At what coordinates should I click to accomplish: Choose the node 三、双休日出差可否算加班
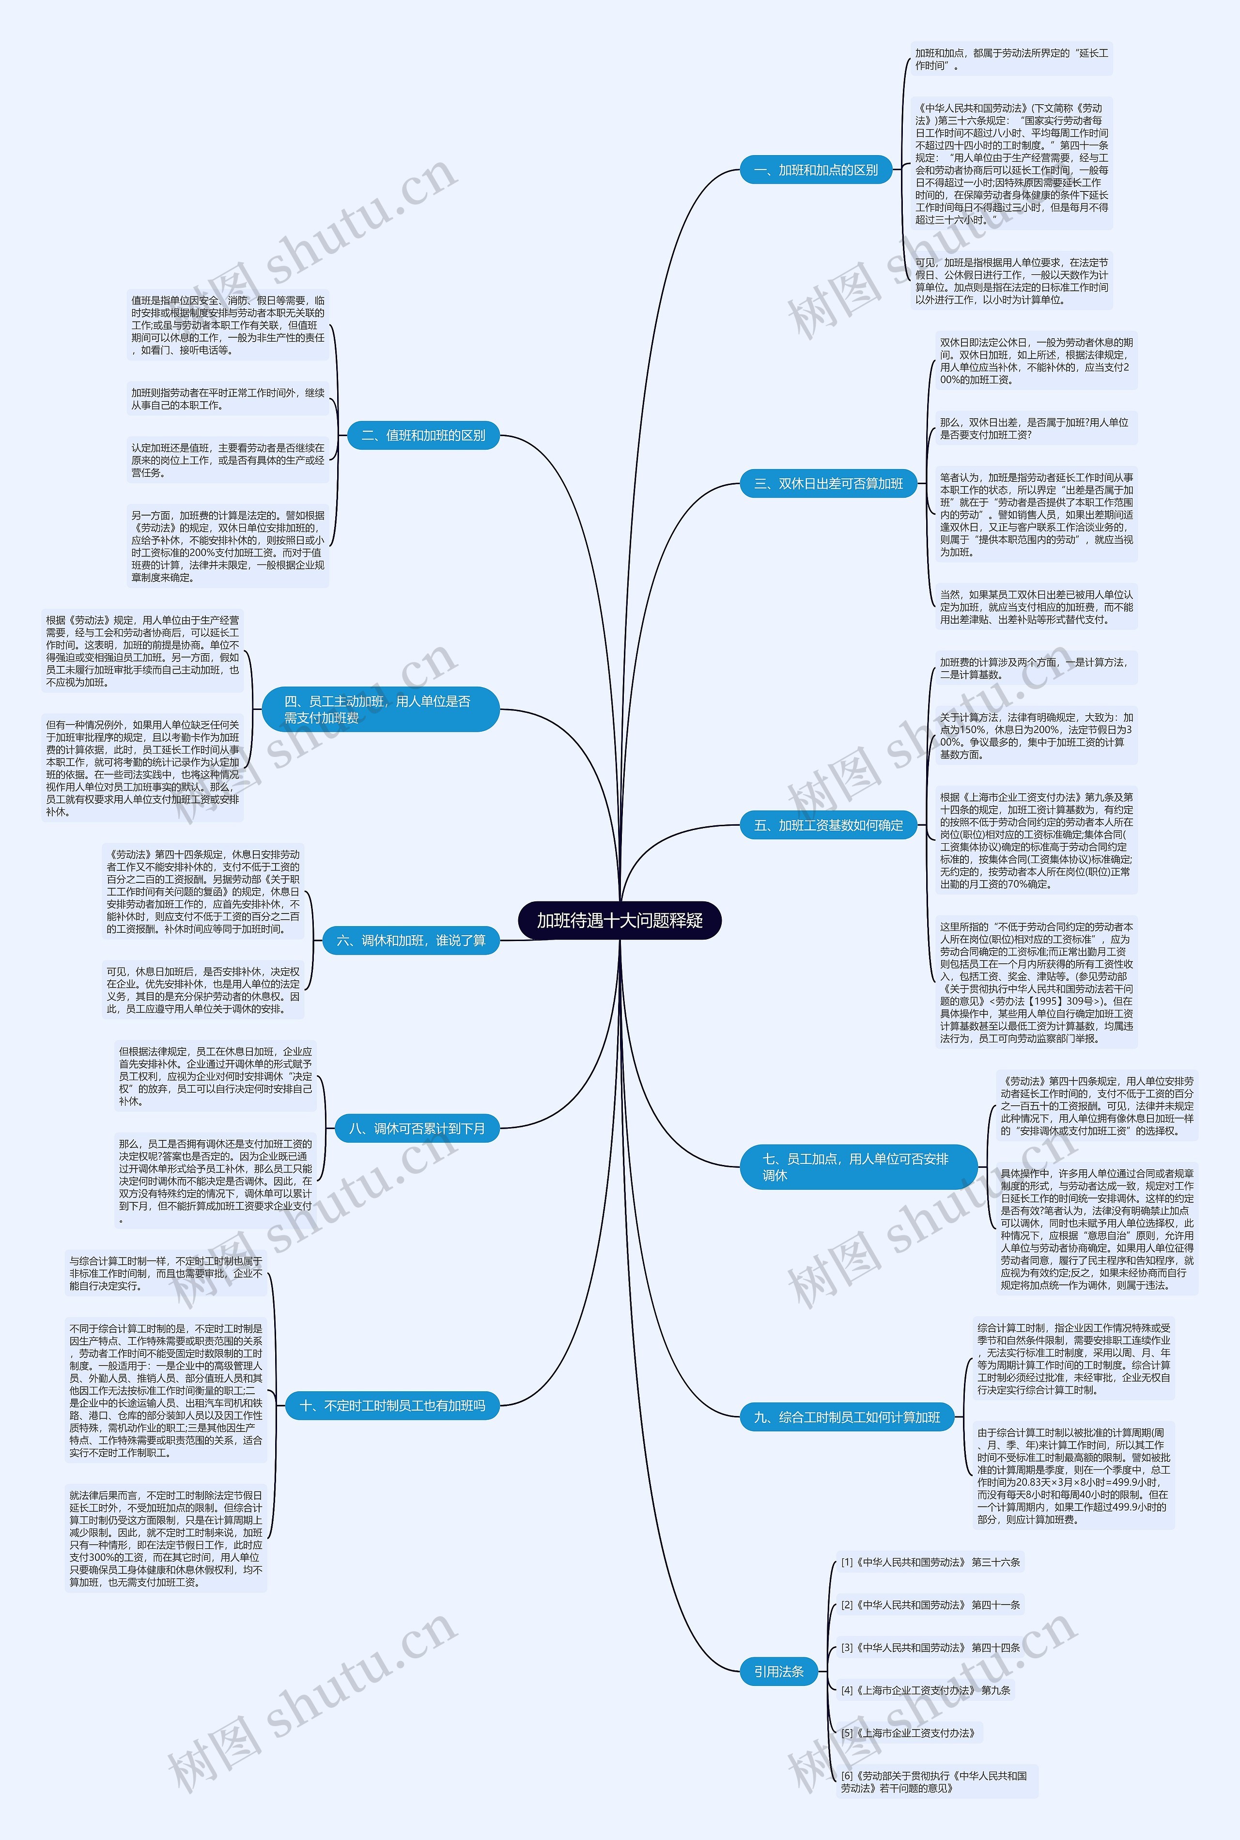pyautogui.click(x=828, y=483)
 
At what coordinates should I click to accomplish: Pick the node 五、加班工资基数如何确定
pyautogui.click(x=828, y=825)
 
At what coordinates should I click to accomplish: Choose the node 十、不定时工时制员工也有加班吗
pyautogui.click(x=393, y=1405)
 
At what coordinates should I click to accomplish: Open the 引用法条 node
pyautogui.click(x=778, y=1671)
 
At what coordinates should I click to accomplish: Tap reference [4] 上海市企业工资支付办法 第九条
pyautogui.click(x=925, y=1690)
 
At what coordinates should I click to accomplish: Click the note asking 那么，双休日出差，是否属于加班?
pyautogui.click(x=1034, y=429)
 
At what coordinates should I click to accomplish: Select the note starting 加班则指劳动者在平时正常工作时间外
pyautogui.click(x=228, y=399)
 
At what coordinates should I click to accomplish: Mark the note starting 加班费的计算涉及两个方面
pyautogui.click(x=1034, y=668)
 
